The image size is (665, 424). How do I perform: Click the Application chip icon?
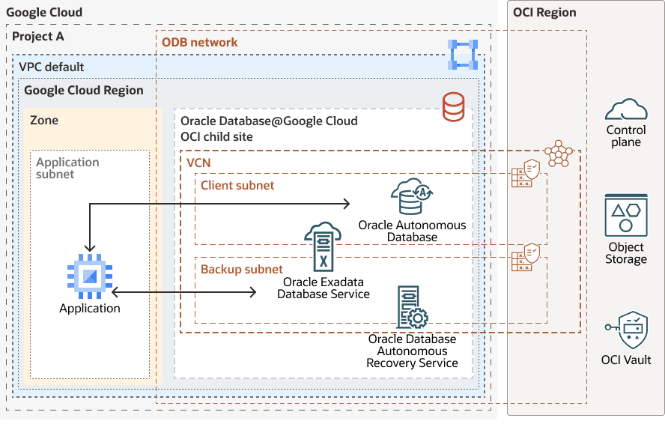tap(90, 276)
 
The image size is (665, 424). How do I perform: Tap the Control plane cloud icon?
tap(626, 110)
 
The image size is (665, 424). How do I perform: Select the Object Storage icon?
tap(626, 216)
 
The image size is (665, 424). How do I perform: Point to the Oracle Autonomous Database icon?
tap(411, 196)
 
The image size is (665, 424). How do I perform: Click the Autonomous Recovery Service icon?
tap(412, 308)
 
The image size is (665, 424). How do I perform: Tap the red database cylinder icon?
tap(453, 106)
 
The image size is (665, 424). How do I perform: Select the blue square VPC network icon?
tap(462, 55)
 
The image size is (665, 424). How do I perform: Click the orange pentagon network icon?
tap(558, 154)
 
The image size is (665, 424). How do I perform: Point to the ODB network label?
tap(200, 42)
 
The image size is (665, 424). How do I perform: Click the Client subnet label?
tap(237, 185)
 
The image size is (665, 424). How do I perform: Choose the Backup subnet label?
tap(241, 269)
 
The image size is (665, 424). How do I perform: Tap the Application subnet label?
tap(67, 168)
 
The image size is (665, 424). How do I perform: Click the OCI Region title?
tap(544, 12)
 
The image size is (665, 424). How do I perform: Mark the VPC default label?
tap(52, 67)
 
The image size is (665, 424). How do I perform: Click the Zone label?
tap(44, 120)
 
